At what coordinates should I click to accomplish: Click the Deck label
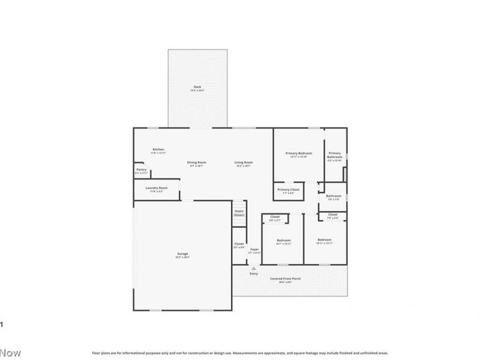point(197,86)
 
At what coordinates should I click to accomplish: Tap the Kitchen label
point(158,149)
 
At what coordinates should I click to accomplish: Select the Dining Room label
point(197,163)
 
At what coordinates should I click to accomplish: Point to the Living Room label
point(244,163)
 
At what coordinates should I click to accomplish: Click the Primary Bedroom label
point(298,153)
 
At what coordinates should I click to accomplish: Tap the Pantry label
point(142,169)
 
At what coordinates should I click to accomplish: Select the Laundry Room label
point(157,188)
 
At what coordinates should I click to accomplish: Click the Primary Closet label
point(289,190)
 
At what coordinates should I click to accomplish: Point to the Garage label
point(182,254)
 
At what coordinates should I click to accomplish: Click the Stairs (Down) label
point(239,213)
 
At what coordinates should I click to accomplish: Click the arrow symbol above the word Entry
point(254,268)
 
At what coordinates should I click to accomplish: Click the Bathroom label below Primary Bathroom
point(334,196)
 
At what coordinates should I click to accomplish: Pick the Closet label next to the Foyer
point(239,244)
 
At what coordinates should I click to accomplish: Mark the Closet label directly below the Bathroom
point(332,215)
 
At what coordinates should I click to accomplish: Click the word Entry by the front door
point(254,274)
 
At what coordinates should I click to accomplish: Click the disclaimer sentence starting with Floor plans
point(240,353)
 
